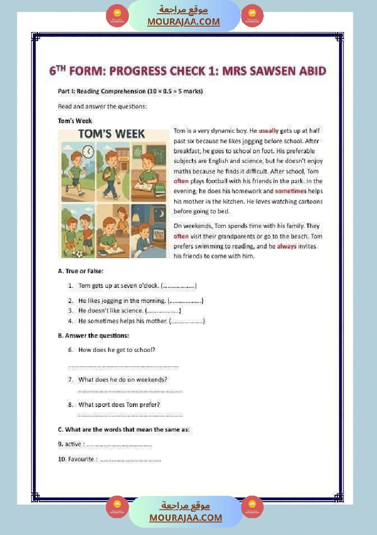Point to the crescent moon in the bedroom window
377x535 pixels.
coord(138,211)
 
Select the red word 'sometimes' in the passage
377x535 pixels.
coord(291,191)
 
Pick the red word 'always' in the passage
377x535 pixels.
coord(287,246)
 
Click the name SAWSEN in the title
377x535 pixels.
coord(271,71)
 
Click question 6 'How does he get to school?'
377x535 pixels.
coord(117,350)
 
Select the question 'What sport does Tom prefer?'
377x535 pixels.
coord(119,405)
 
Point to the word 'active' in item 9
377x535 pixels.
coord(73,444)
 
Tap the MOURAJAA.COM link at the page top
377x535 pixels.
coord(183,22)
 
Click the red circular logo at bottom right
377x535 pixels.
coord(252,506)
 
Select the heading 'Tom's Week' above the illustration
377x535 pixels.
coord(75,121)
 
